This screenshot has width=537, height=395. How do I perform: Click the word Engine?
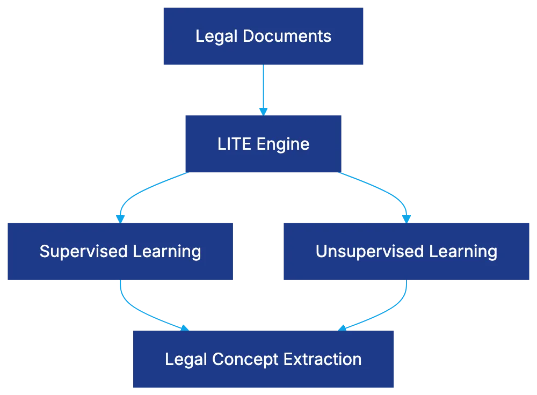pos(283,144)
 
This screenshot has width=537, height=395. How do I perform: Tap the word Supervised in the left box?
pos(82,251)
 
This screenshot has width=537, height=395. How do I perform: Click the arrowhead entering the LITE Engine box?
pos(263,111)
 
